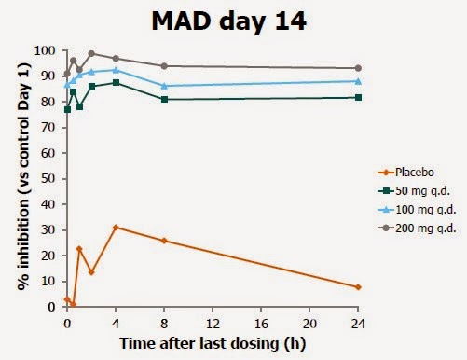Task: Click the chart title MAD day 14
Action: [x=229, y=21]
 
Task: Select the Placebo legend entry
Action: [x=405, y=173]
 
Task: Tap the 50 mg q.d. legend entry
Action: [x=414, y=191]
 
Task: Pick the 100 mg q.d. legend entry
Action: [x=417, y=210]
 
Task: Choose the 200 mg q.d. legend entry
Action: [x=417, y=228]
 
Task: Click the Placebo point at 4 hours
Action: [x=116, y=228]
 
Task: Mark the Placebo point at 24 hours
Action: [x=358, y=287]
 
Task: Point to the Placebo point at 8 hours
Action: [x=164, y=241]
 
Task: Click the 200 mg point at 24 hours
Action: [x=358, y=68]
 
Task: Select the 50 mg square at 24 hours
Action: [x=358, y=98]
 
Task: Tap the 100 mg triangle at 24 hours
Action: [x=358, y=81]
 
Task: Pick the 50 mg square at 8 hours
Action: [x=164, y=99]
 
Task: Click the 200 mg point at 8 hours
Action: [x=164, y=66]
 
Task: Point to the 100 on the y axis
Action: [x=45, y=50]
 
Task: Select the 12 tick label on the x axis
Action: [x=213, y=324]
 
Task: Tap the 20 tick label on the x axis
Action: [x=309, y=324]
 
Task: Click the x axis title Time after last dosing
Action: [x=199, y=343]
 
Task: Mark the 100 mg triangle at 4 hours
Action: [x=116, y=70]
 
